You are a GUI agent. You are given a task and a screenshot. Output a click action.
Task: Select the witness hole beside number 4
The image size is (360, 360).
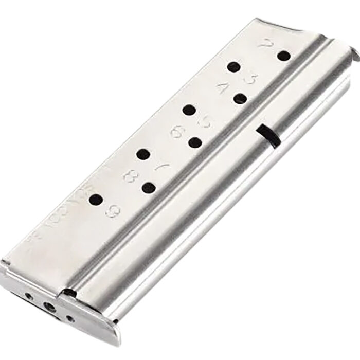(x=240, y=99)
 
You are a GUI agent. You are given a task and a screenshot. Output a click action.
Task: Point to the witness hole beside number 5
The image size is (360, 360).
(x=189, y=110)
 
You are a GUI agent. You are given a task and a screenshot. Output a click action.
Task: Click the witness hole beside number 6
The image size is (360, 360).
(x=194, y=142)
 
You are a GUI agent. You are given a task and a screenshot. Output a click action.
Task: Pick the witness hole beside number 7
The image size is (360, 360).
(x=143, y=154)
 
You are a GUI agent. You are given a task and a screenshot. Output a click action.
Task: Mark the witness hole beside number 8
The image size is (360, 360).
(x=149, y=188)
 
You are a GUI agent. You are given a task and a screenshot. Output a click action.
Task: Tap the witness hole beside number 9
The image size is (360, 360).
(x=96, y=200)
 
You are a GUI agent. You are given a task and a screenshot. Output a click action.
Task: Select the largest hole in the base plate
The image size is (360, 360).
(x=50, y=308)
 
